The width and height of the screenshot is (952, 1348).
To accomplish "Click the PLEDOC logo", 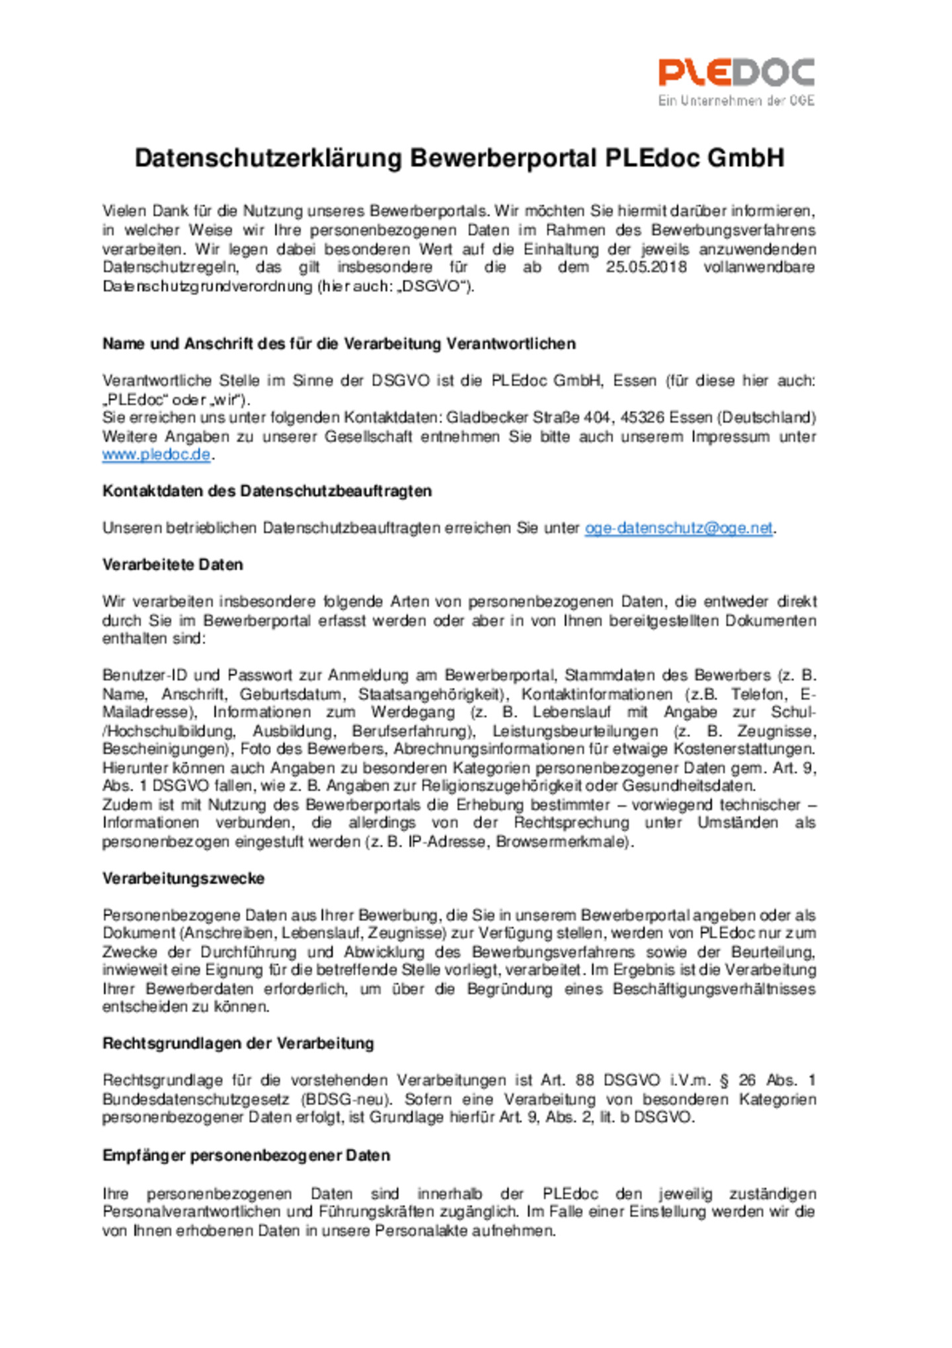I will [x=736, y=72].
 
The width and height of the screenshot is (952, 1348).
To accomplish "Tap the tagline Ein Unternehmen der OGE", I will [x=736, y=101].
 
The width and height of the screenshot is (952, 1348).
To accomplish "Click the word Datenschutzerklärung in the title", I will [x=268, y=159].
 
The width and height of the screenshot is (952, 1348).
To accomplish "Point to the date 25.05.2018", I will [x=645, y=267].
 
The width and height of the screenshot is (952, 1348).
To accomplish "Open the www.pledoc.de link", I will [x=156, y=455].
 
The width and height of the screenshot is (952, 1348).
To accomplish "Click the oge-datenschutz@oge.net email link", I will [x=678, y=528].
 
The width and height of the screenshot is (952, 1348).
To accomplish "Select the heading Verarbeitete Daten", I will [x=173, y=565].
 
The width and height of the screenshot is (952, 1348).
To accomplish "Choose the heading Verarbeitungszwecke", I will [x=183, y=878].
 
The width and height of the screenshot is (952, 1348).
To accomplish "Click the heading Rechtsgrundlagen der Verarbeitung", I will [x=238, y=1043].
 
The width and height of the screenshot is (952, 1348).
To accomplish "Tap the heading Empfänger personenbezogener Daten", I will [x=246, y=1155].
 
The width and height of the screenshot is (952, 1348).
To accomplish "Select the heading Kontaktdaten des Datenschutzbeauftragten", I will [x=267, y=491].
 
